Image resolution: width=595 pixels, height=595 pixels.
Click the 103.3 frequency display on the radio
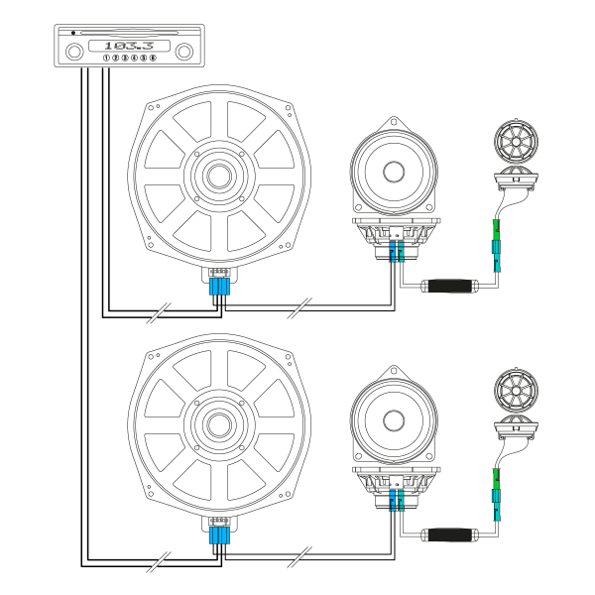[x=129, y=46]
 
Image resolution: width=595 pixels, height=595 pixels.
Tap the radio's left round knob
[x=74, y=52]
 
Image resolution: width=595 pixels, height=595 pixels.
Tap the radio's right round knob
[x=184, y=52]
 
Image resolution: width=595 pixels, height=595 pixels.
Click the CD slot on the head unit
[x=129, y=33]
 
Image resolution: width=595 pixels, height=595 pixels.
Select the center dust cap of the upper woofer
[x=219, y=176]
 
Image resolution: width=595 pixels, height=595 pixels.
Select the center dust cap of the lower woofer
[x=219, y=424]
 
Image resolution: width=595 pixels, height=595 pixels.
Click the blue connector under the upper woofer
[x=220, y=287]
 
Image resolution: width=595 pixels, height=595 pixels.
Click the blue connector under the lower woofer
[x=220, y=535]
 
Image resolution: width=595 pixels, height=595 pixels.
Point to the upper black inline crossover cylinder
[x=450, y=286]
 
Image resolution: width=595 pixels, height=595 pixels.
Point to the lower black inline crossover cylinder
[x=450, y=535]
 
